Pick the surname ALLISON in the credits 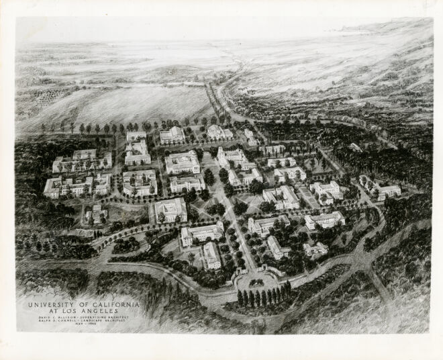coord(68,318)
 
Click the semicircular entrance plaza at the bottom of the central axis coord(256,275)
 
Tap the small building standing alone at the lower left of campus coord(96,214)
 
